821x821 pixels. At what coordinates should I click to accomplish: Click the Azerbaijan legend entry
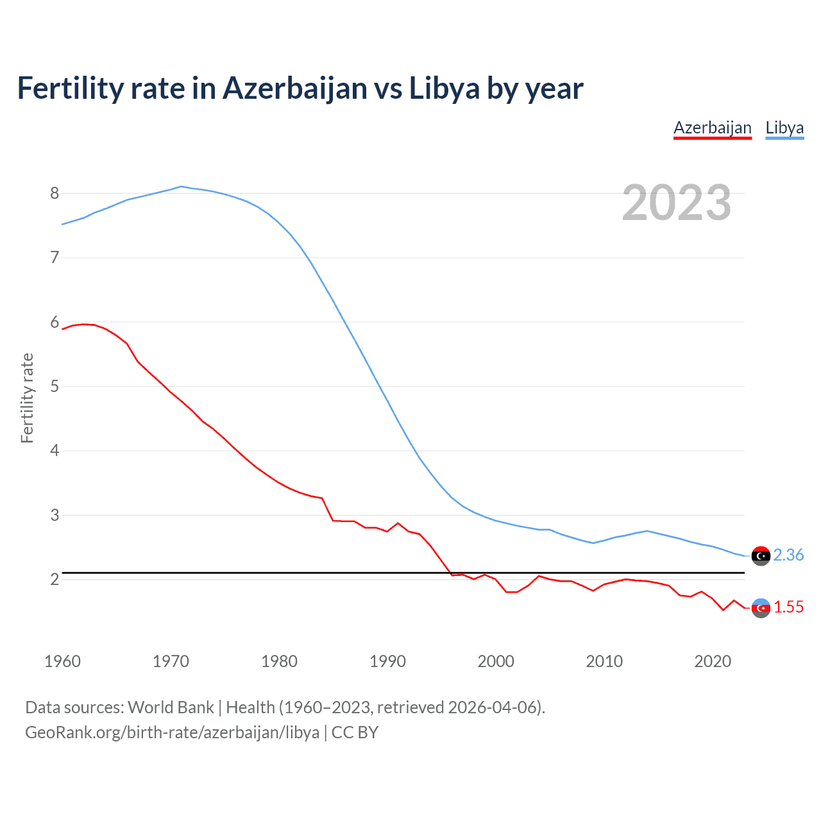(712, 128)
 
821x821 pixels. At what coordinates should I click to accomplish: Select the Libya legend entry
(784, 128)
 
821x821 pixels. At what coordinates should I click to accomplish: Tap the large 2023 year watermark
(677, 203)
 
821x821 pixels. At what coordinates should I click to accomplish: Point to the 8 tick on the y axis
(55, 193)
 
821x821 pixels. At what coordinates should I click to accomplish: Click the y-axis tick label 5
(55, 386)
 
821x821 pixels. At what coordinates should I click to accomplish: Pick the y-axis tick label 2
(55, 579)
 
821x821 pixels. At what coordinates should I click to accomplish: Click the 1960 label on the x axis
(62, 661)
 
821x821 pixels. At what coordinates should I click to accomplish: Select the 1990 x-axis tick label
(387, 661)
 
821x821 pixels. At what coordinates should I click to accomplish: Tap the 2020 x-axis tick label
(713, 661)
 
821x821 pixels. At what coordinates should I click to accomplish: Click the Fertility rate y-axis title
(27, 398)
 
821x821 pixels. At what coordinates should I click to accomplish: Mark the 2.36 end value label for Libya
(788, 555)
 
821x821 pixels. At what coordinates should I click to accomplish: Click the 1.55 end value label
(788, 607)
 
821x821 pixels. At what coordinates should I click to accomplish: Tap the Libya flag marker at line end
(761, 555)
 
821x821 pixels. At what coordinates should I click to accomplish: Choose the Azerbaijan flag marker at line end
(761, 607)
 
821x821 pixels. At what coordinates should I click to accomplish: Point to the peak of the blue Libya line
(181, 187)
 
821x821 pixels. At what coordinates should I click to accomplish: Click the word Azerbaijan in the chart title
(295, 88)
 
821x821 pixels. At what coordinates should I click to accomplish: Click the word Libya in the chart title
(444, 88)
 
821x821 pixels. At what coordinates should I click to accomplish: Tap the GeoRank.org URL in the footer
(172, 732)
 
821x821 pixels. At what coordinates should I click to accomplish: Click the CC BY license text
(355, 732)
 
